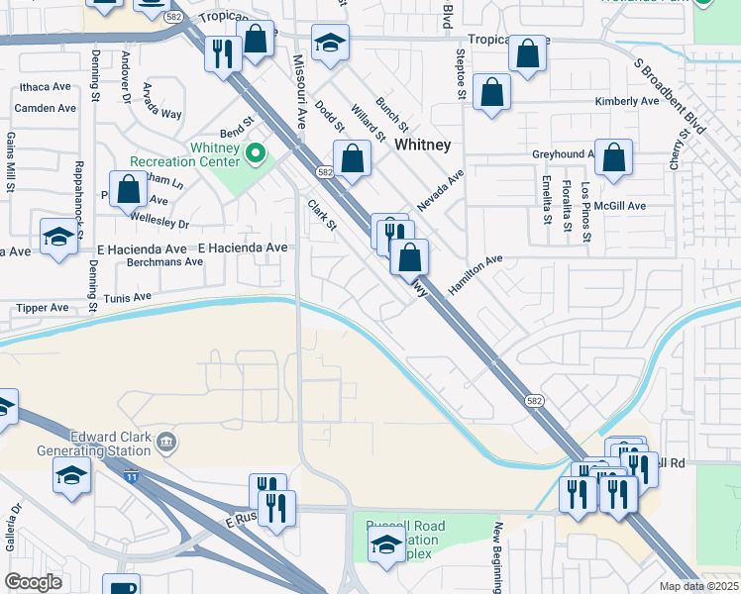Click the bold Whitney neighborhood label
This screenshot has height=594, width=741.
(422, 145)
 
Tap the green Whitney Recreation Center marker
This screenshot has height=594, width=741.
(255, 152)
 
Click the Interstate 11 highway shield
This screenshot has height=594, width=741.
(132, 476)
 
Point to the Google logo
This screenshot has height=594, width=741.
(33, 582)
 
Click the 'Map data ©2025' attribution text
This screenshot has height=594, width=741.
(698, 586)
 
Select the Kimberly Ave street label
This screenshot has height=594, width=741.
(626, 101)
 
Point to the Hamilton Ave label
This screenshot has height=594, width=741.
(476, 271)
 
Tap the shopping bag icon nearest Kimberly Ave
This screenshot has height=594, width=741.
(492, 93)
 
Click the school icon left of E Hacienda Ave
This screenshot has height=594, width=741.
(58, 237)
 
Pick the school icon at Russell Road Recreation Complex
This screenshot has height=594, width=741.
(386, 544)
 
